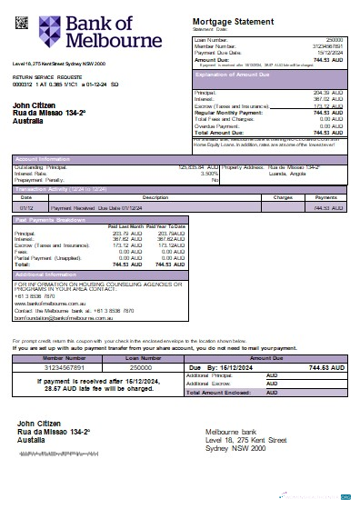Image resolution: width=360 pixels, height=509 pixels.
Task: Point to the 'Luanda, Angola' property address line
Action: (x=295, y=174)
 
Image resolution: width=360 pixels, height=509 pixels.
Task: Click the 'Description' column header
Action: (x=155, y=196)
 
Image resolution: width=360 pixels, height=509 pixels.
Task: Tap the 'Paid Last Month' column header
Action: (x=125, y=226)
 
